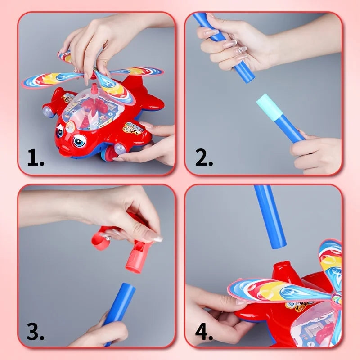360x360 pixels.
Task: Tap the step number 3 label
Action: (35, 332)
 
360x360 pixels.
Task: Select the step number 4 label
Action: (203, 332)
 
